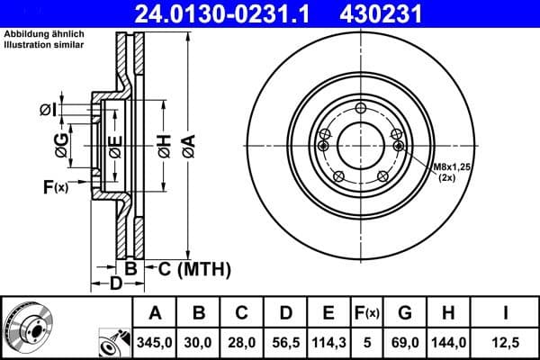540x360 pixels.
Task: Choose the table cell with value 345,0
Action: (x=155, y=343)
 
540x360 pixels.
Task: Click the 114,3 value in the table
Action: (x=328, y=343)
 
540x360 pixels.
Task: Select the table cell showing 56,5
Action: (x=284, y=343)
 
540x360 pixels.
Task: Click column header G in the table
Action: (x=404, y=314)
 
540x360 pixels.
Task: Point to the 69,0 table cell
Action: (x=404, y=343)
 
